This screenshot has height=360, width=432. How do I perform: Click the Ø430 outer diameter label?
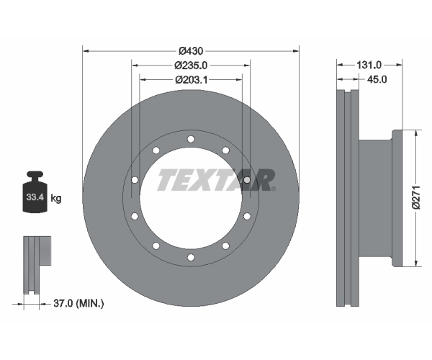coord(191,51)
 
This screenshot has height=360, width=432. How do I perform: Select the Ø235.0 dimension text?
coord(191,66)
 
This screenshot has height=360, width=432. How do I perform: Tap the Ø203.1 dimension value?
coord(192,80)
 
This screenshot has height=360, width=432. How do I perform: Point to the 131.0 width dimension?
coord(369,65)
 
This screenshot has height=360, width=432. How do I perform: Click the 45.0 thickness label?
coord(377,79)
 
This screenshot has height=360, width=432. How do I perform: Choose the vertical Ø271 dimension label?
coord(417,198)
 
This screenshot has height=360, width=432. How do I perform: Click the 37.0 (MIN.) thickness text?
coord(78,304)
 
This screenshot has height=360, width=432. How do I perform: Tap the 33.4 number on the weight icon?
coord(35,197)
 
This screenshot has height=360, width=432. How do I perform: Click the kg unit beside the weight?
coord(56,198)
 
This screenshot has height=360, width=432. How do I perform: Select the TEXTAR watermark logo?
coord(216,180)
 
